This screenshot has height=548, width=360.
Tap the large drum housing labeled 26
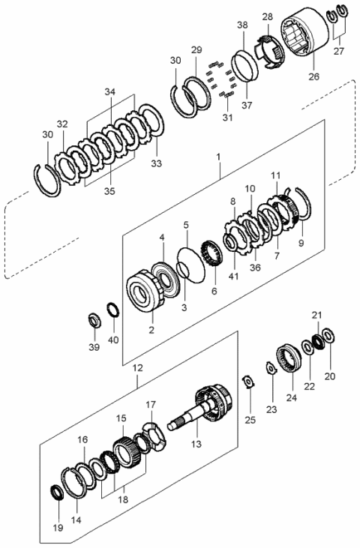[303, 37]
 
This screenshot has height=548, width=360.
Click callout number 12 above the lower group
[136, 369]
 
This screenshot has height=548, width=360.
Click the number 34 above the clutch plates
[110, 92]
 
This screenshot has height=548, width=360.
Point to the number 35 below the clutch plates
[110, 190]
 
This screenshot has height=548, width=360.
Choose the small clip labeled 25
[248, 382]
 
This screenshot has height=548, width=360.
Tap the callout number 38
[242, 25]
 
